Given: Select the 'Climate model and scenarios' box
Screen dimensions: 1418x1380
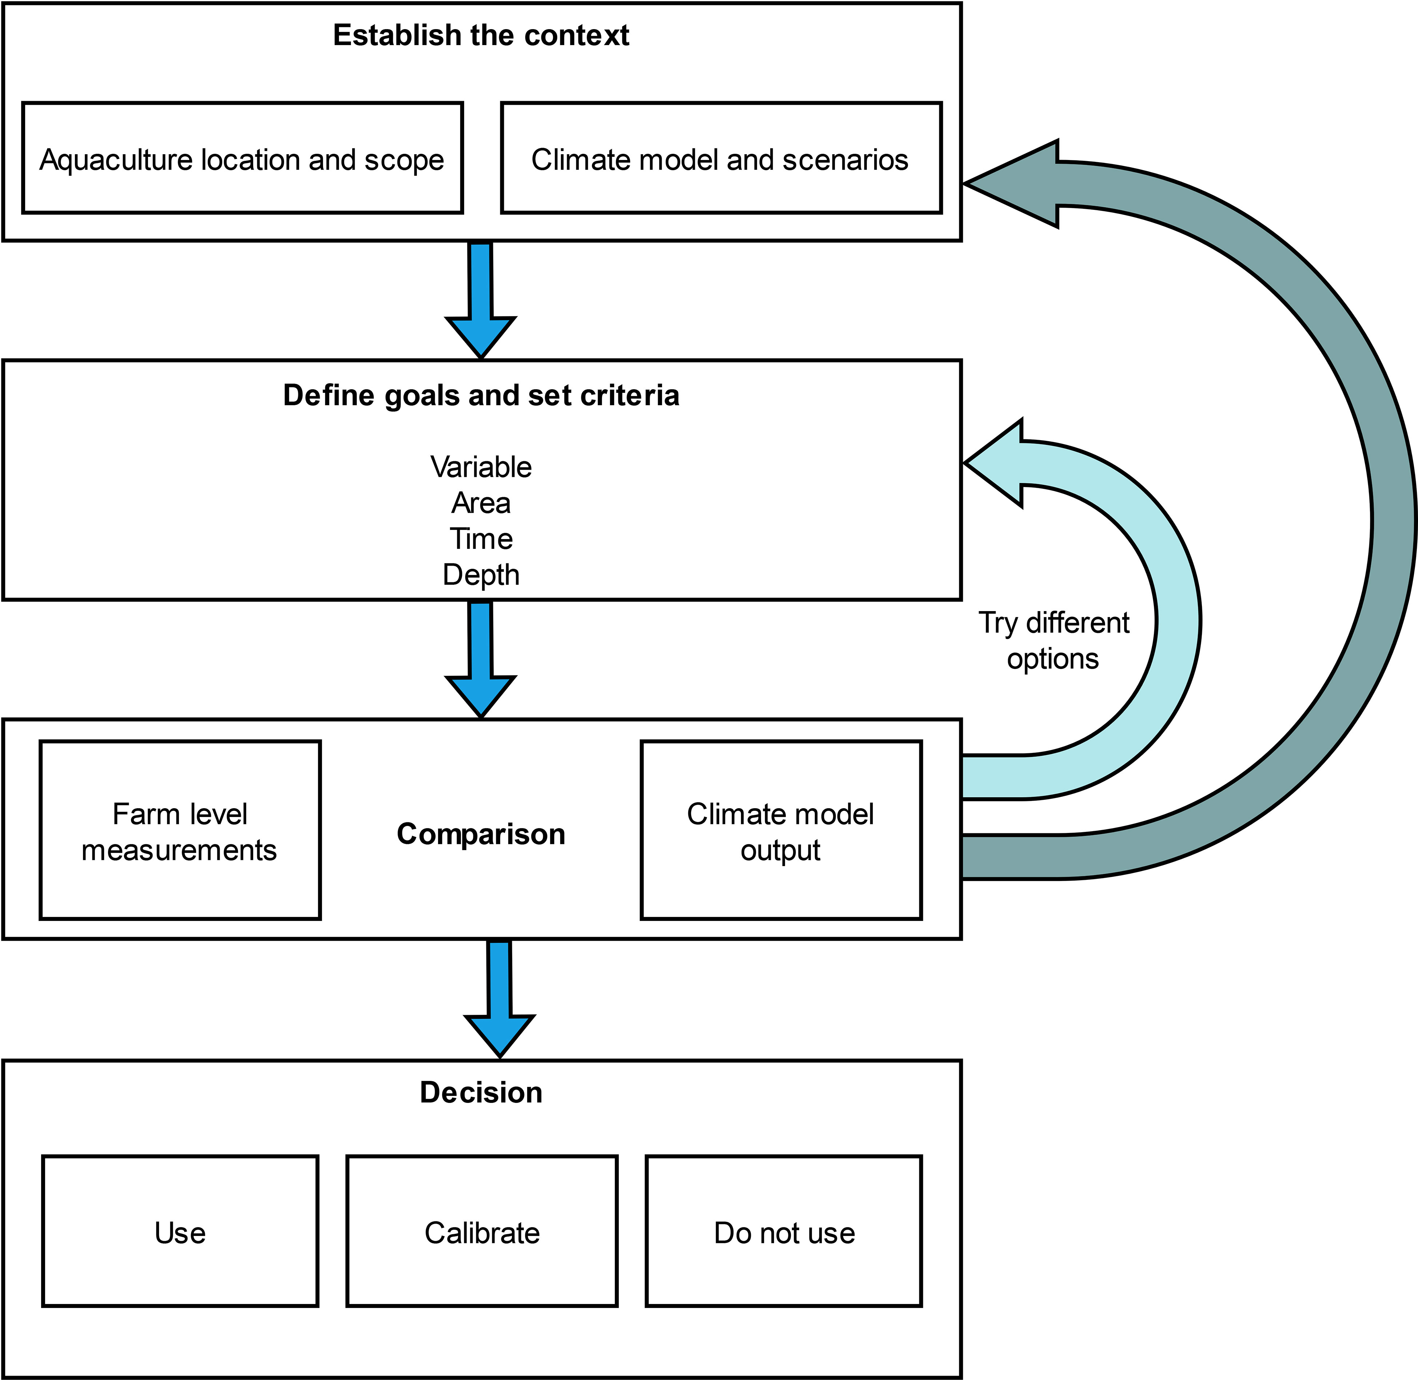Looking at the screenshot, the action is click(x=721, y=158).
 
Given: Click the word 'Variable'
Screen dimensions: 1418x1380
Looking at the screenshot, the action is click(x=481, y=467).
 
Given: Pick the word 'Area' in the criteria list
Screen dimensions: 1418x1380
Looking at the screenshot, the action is click(x=481, y=503).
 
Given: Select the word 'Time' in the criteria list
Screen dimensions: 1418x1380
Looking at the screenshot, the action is click(x=481, y=539).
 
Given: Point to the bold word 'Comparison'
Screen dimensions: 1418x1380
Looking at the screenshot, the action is click(x=481, y=834).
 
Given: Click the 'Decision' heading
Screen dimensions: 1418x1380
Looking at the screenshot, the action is click(x=481, y=1092).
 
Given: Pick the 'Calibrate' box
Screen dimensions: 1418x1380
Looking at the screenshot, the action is click(x=482, y=1232).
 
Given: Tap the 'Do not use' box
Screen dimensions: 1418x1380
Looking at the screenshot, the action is click(x=784, y=1232).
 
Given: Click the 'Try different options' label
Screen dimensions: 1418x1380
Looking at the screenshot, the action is click(x=1053, y=641).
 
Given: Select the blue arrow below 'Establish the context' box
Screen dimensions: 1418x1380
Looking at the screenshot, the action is click(x=481, y=300).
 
